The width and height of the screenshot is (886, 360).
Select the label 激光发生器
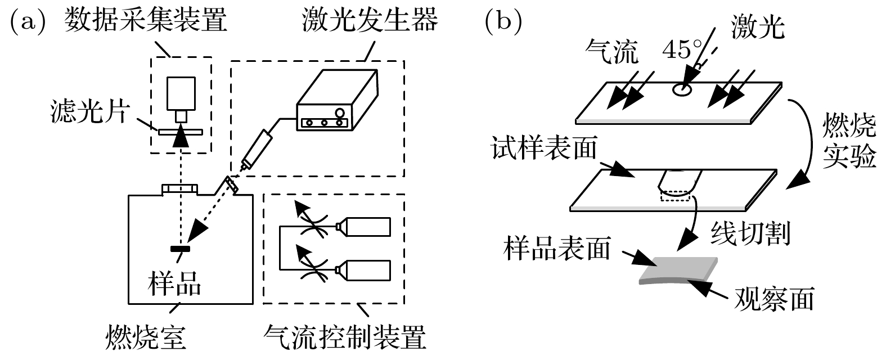[370, 21]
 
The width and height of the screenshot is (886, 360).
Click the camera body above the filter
[181, 92]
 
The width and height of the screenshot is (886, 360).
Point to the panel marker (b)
[503, 21]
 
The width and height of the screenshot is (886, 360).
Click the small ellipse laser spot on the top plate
[683, 89]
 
